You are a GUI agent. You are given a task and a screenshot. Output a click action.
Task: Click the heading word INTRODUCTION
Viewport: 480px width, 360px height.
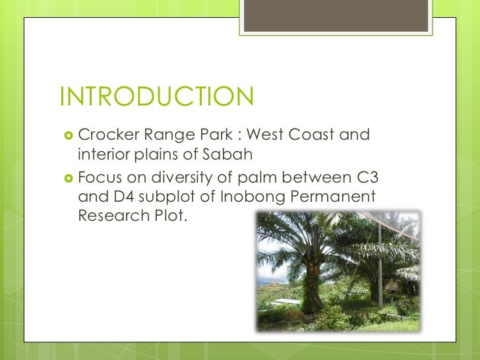156,98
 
